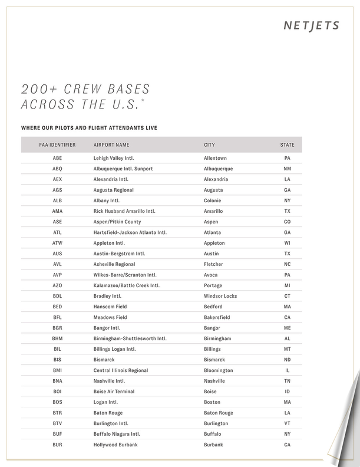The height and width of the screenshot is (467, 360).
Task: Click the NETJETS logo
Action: pos(311,25)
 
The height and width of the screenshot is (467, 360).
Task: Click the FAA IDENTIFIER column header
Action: pos(57,144)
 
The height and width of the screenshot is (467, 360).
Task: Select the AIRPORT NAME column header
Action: pos(111,144)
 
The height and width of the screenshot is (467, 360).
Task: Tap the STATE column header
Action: pos(287,144)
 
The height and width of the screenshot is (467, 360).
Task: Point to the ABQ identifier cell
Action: pos(57,169)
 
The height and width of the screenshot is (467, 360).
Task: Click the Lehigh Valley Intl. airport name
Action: pos(114,158)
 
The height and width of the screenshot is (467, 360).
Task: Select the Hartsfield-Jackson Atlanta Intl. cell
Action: pos(130,232)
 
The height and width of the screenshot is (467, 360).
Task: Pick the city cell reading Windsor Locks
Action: pos(220,296)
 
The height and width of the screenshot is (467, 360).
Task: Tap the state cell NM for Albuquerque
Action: pos(287,169)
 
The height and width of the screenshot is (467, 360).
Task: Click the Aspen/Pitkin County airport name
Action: pos(117,222)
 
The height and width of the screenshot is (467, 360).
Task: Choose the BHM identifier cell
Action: pos(57,338)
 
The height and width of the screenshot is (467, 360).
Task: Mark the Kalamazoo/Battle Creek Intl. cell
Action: pos(127,285)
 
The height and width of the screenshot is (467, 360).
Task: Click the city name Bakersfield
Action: pos(217,317)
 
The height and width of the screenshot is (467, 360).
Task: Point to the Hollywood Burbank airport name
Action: pos(115,445)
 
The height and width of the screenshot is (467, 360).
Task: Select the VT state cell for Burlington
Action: pos(287,423)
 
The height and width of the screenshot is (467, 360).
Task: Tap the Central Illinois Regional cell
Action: pos(121,370)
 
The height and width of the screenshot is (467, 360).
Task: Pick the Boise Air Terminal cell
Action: pos(114,392)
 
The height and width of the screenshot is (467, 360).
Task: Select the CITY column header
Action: pos(209,144)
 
